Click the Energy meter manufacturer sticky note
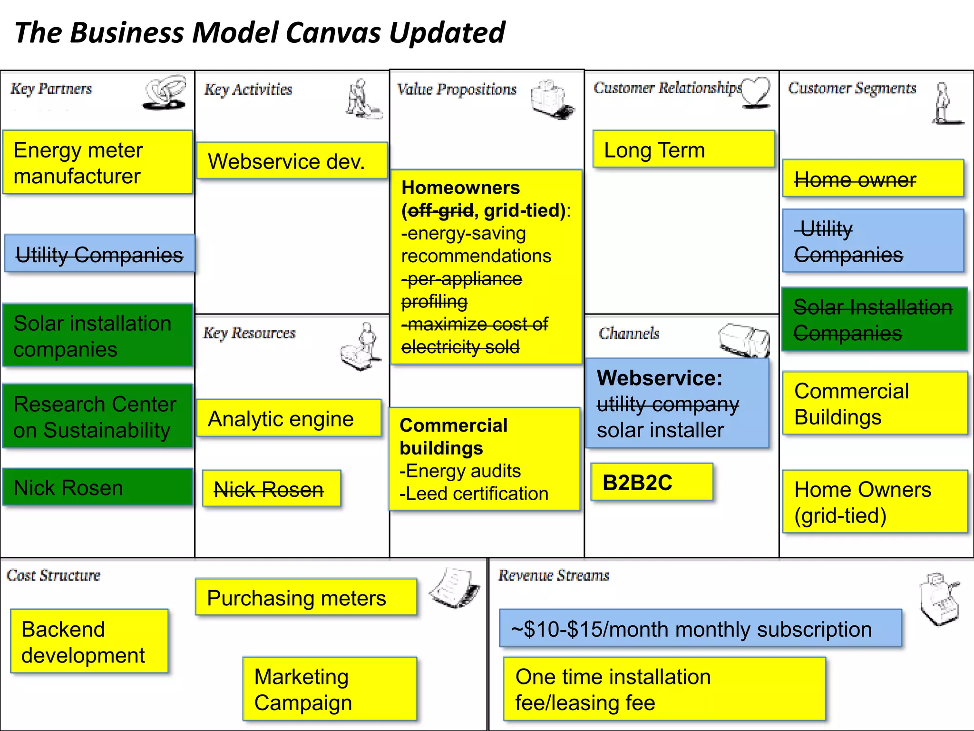[97, 162]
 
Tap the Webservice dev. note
[292, 161]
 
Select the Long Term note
[683, 149]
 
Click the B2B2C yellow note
[652, 482]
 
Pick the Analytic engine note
[289, 418]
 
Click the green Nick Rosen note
[97, 487]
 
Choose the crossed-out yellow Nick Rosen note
[271, 489]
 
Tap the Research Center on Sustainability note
[97, 416]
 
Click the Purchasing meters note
[306, 597]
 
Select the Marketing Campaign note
[330, 689]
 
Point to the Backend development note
[89, 641]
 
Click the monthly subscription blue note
[700, 628]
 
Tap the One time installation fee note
[664, 689]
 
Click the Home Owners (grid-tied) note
[874, 502]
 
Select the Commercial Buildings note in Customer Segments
[874, 403]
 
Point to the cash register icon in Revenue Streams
[939, 598]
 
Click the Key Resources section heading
[249, 333]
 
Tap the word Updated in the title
[447, 32]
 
